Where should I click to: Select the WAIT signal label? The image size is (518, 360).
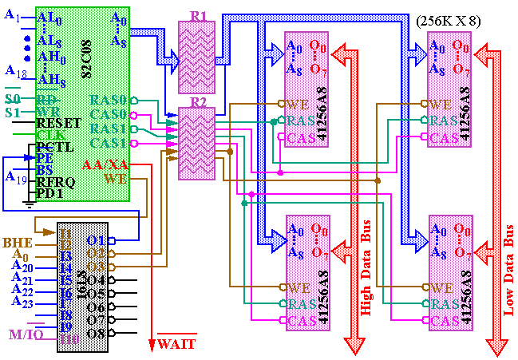176,344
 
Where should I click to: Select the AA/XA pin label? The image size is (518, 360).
105,164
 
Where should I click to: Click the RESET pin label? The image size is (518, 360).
58,123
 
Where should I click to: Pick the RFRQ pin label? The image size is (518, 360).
55,181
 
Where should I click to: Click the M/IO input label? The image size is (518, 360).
25,334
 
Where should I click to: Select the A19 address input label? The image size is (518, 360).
16,177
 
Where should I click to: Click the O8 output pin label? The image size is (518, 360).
96,333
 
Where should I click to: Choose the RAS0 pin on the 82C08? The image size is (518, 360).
108,101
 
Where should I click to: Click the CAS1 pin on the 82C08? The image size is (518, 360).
108,143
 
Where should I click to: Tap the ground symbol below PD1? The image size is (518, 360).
30,204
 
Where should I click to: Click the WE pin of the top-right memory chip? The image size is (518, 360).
440,105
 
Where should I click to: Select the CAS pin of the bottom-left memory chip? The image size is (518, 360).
298,320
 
